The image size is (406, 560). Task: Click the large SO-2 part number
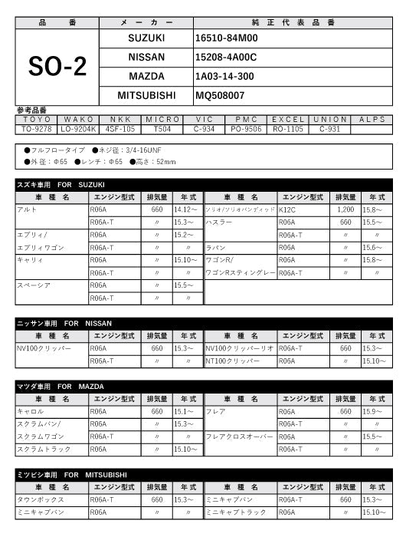[x=57, y=67]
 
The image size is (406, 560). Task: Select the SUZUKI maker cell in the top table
[x=146, y=37]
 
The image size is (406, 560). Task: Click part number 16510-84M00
[x=227, y=37]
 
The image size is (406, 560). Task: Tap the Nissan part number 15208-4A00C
[x=226, y=57]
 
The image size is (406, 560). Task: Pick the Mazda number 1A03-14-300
[x=224, y=77]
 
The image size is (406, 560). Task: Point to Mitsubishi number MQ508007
[x=220, y=96]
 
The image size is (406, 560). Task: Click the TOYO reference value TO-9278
[x=36, y=129]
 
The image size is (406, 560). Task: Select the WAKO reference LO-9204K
[x=80, y=129]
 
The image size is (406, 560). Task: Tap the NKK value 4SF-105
[x=120, y=129]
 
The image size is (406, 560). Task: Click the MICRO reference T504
[x=162, y=129]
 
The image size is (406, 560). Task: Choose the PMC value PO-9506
[x=246, y=129]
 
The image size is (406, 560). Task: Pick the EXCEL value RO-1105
[x=288, y=129]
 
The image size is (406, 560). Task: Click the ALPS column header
[x=372, y=120]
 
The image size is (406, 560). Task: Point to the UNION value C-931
[x=330, y=129]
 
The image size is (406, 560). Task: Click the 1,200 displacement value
[x=345, y=209]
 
